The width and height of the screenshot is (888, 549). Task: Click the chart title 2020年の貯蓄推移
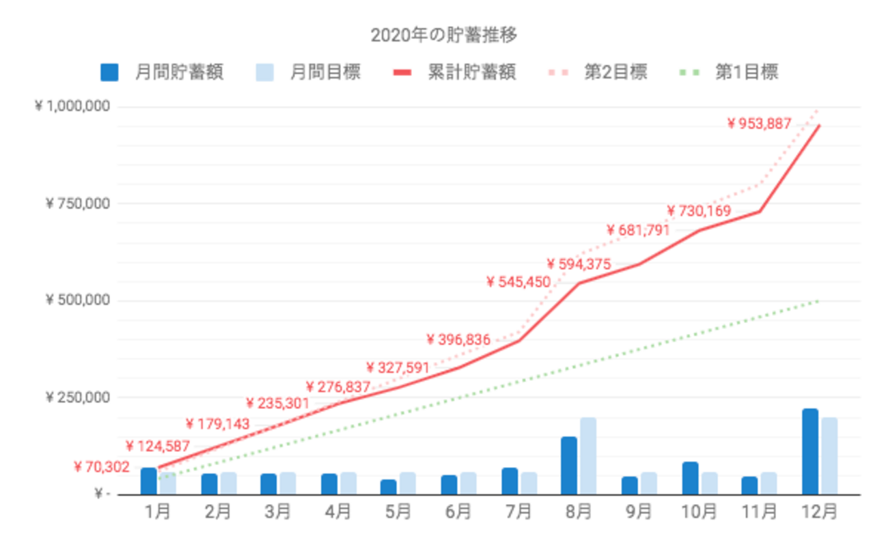(x=443, y=35)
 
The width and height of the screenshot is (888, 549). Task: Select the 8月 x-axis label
(x=579, y=511)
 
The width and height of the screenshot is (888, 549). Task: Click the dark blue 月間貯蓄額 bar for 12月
(x=810, y=451)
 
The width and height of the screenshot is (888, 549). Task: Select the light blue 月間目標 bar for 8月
(x=588, y=455)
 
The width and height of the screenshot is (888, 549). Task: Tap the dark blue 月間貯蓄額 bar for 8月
(x=569, y=465)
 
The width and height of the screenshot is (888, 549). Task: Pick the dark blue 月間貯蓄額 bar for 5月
(x=388, y=487)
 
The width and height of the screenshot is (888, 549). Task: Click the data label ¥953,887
(x=759, y=124)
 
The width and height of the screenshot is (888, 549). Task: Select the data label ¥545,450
(x=518, y=281)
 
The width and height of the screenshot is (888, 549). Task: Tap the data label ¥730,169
(x=699, y=211)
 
